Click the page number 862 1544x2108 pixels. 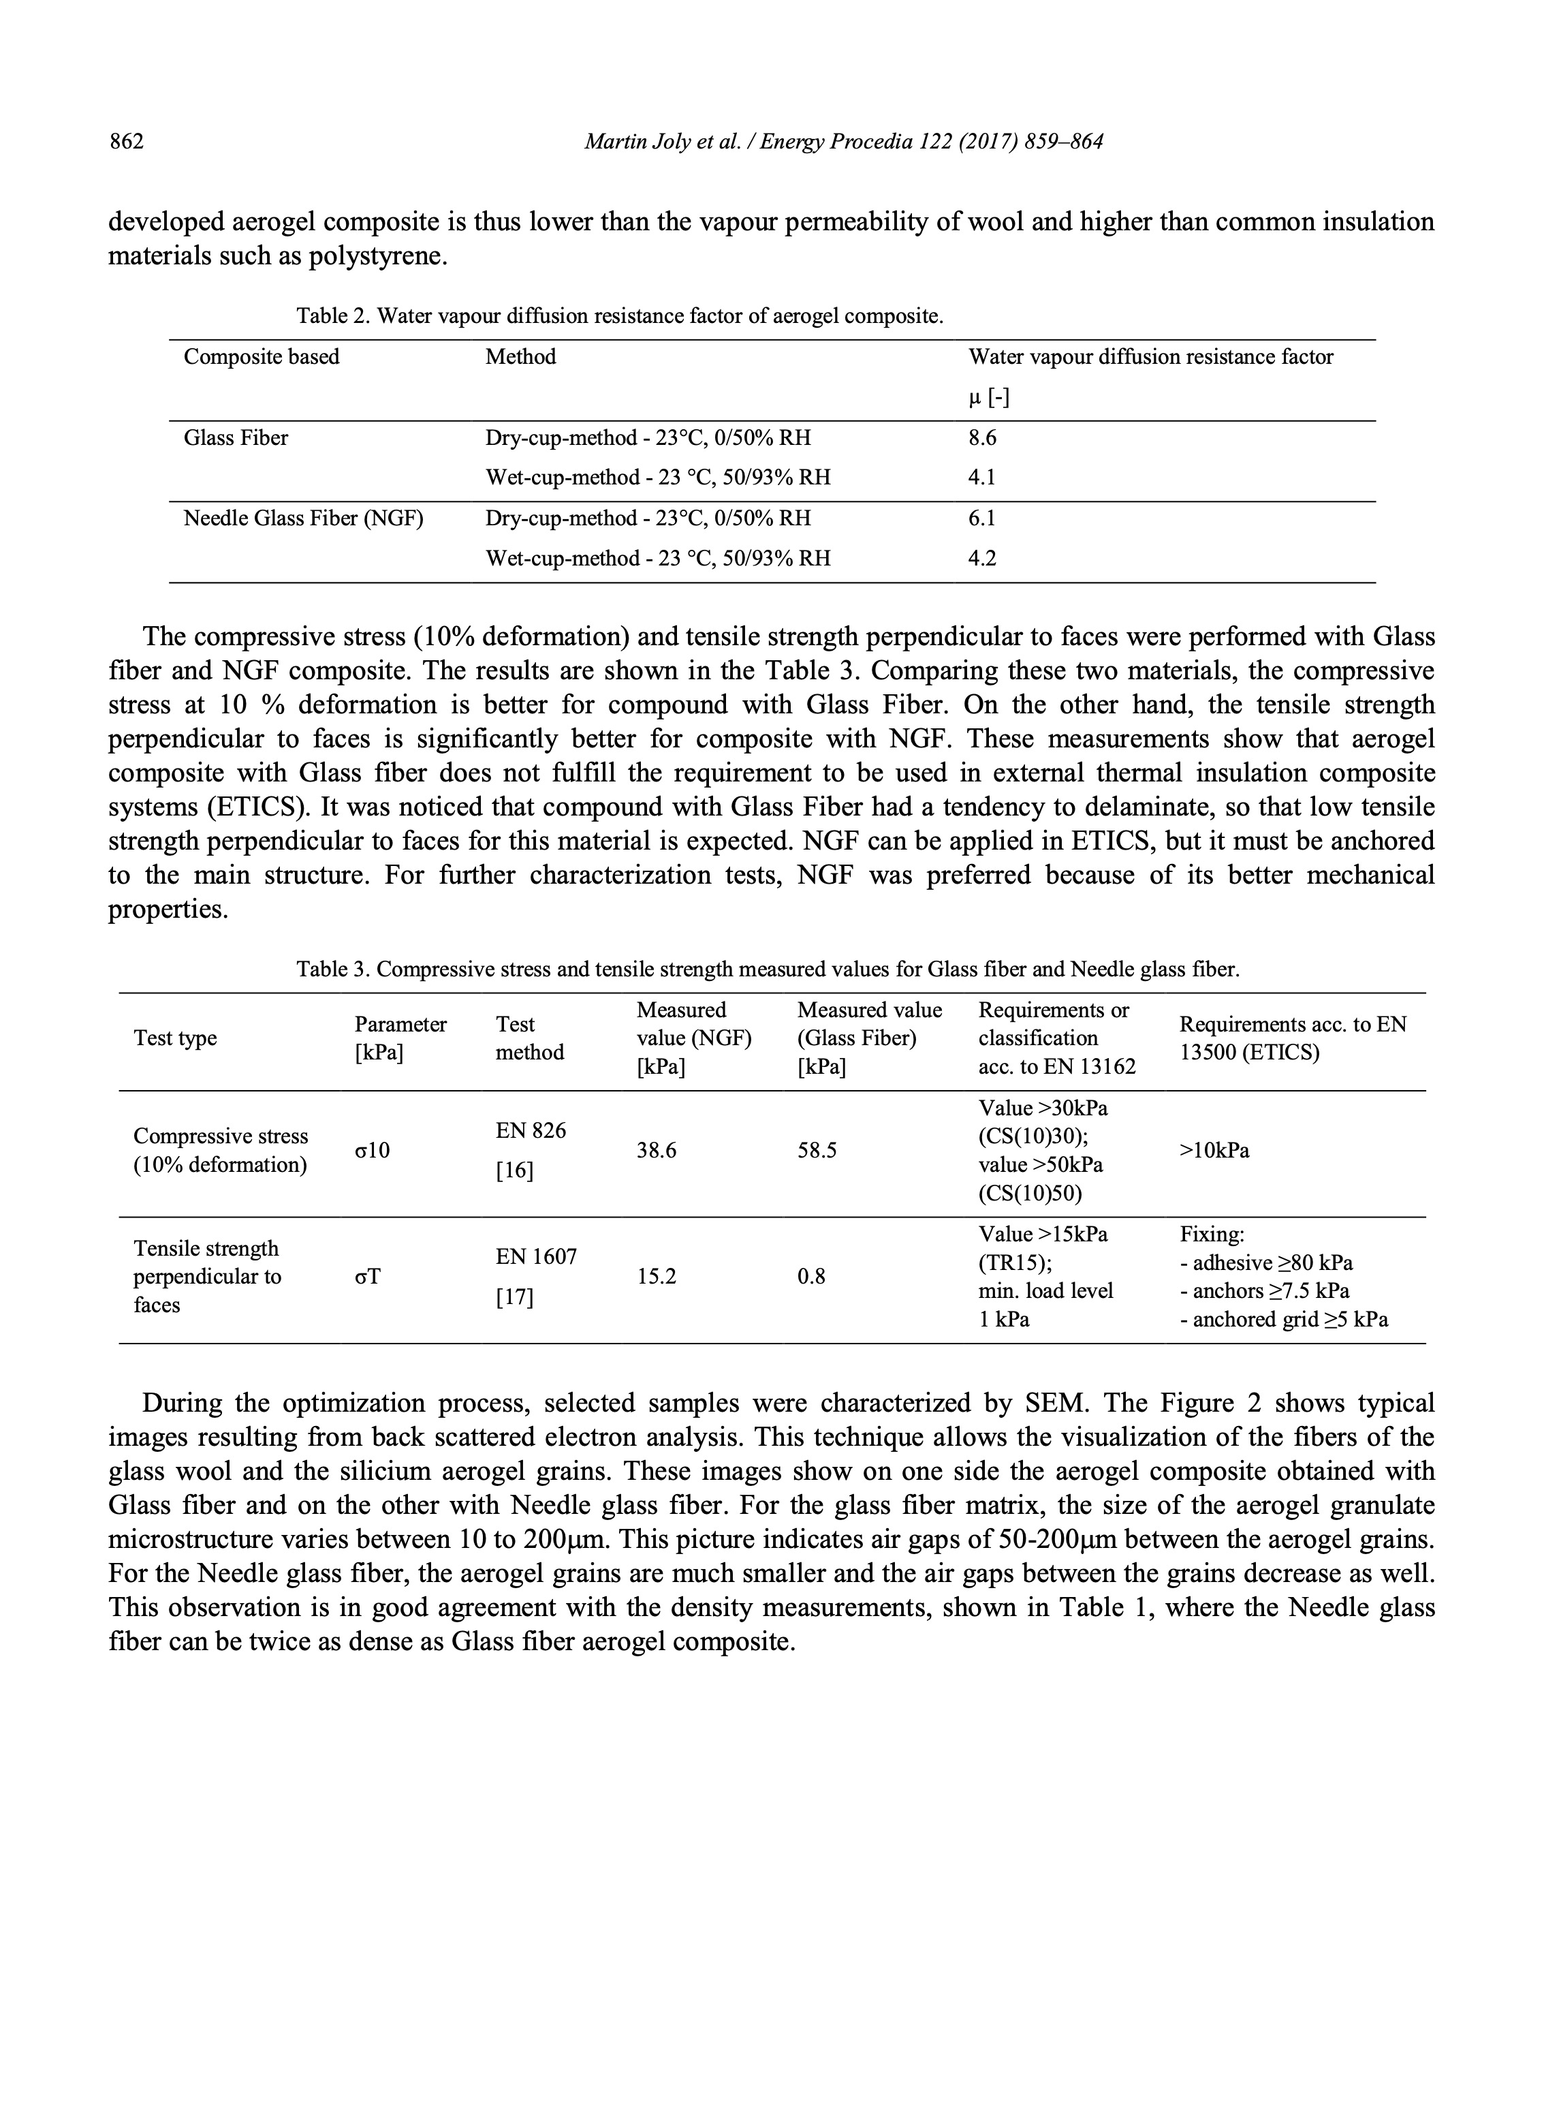click(126, 142)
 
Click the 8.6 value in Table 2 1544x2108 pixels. click(981, 437)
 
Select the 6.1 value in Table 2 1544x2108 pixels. click(981, 518)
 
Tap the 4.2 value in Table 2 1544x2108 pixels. click(981, 558)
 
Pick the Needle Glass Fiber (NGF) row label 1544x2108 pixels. click(303, 518)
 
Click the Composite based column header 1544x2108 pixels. click(261, 357)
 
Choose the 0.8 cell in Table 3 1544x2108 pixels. click(811, 1277)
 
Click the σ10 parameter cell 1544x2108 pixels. click(372, 1151)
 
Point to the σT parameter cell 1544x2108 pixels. click(367, 1277)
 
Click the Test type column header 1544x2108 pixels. click(175, 1038)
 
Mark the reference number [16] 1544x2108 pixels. click(514, 1171)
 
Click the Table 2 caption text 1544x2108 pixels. click(620, 316)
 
